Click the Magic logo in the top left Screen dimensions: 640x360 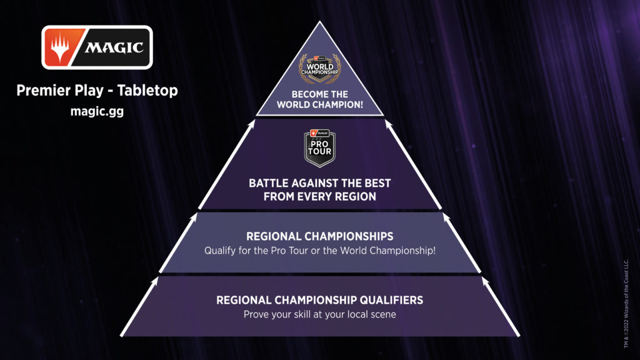pyautogui.click(x=97, y=47)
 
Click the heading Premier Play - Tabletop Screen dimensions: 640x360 pyautogui.click(x=97, y=91)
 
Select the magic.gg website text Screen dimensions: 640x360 pyautogui.click(x=97, y=111)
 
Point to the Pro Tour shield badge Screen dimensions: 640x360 pyautogui.click(x=319, y=148)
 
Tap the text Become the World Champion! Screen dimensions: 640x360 pyautogui.click(x=319, y=99)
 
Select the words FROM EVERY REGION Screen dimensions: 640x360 pyautogui.click(x=319, y=197)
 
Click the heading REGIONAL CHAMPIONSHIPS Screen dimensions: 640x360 pyautogui.click(x=319, y=236)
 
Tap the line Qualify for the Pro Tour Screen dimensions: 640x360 pyautogui.click(x=256, y=250)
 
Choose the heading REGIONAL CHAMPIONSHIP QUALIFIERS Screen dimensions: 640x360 pyautogui.click(x=319, y=301)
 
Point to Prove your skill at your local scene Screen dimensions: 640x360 pyautogui.click(x=319, y=314)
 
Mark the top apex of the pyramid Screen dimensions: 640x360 pyautogui.click(x=319, y=21)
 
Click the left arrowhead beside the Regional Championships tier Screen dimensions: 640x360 pyautogui.click(x=196, y=217)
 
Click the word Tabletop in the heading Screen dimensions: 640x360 pyautogui.click(x=147, y=91)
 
